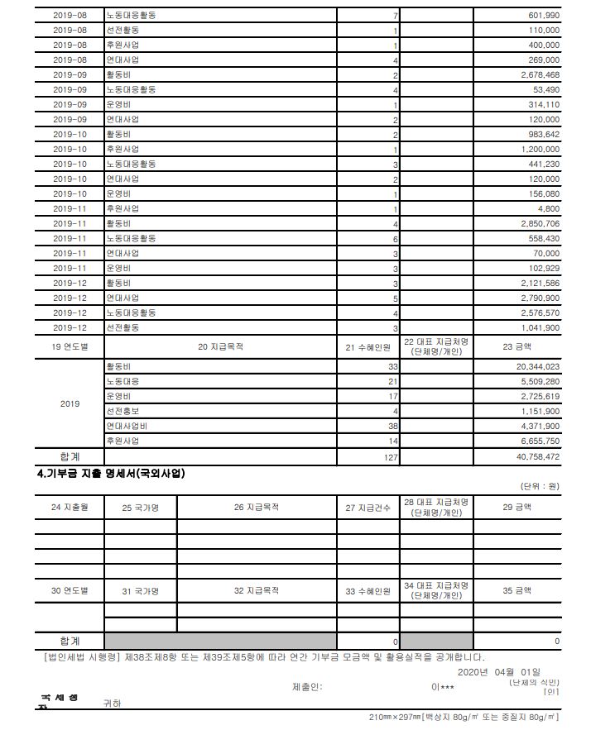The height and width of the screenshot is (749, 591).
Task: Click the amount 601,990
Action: [x=544, y=16]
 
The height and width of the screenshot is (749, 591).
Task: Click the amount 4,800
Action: [x=550, y=209]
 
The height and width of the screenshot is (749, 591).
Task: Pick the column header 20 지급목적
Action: [x=220, y=347]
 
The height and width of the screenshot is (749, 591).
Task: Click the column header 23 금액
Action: [x=518, y=347]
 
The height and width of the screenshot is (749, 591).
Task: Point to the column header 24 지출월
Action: [x=69, y=508]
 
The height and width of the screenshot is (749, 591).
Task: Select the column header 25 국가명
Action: [x=140, y=508]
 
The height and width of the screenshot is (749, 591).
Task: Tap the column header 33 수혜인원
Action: [x=368, y=591]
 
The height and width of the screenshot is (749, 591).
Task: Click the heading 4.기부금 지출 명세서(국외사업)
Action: [x=111, y=474]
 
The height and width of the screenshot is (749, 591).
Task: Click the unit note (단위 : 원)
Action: [x=540, y=486]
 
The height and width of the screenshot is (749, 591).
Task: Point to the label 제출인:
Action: [x=307, y=686]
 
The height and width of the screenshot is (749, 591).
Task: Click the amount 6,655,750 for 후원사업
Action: [x=536, y=441]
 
